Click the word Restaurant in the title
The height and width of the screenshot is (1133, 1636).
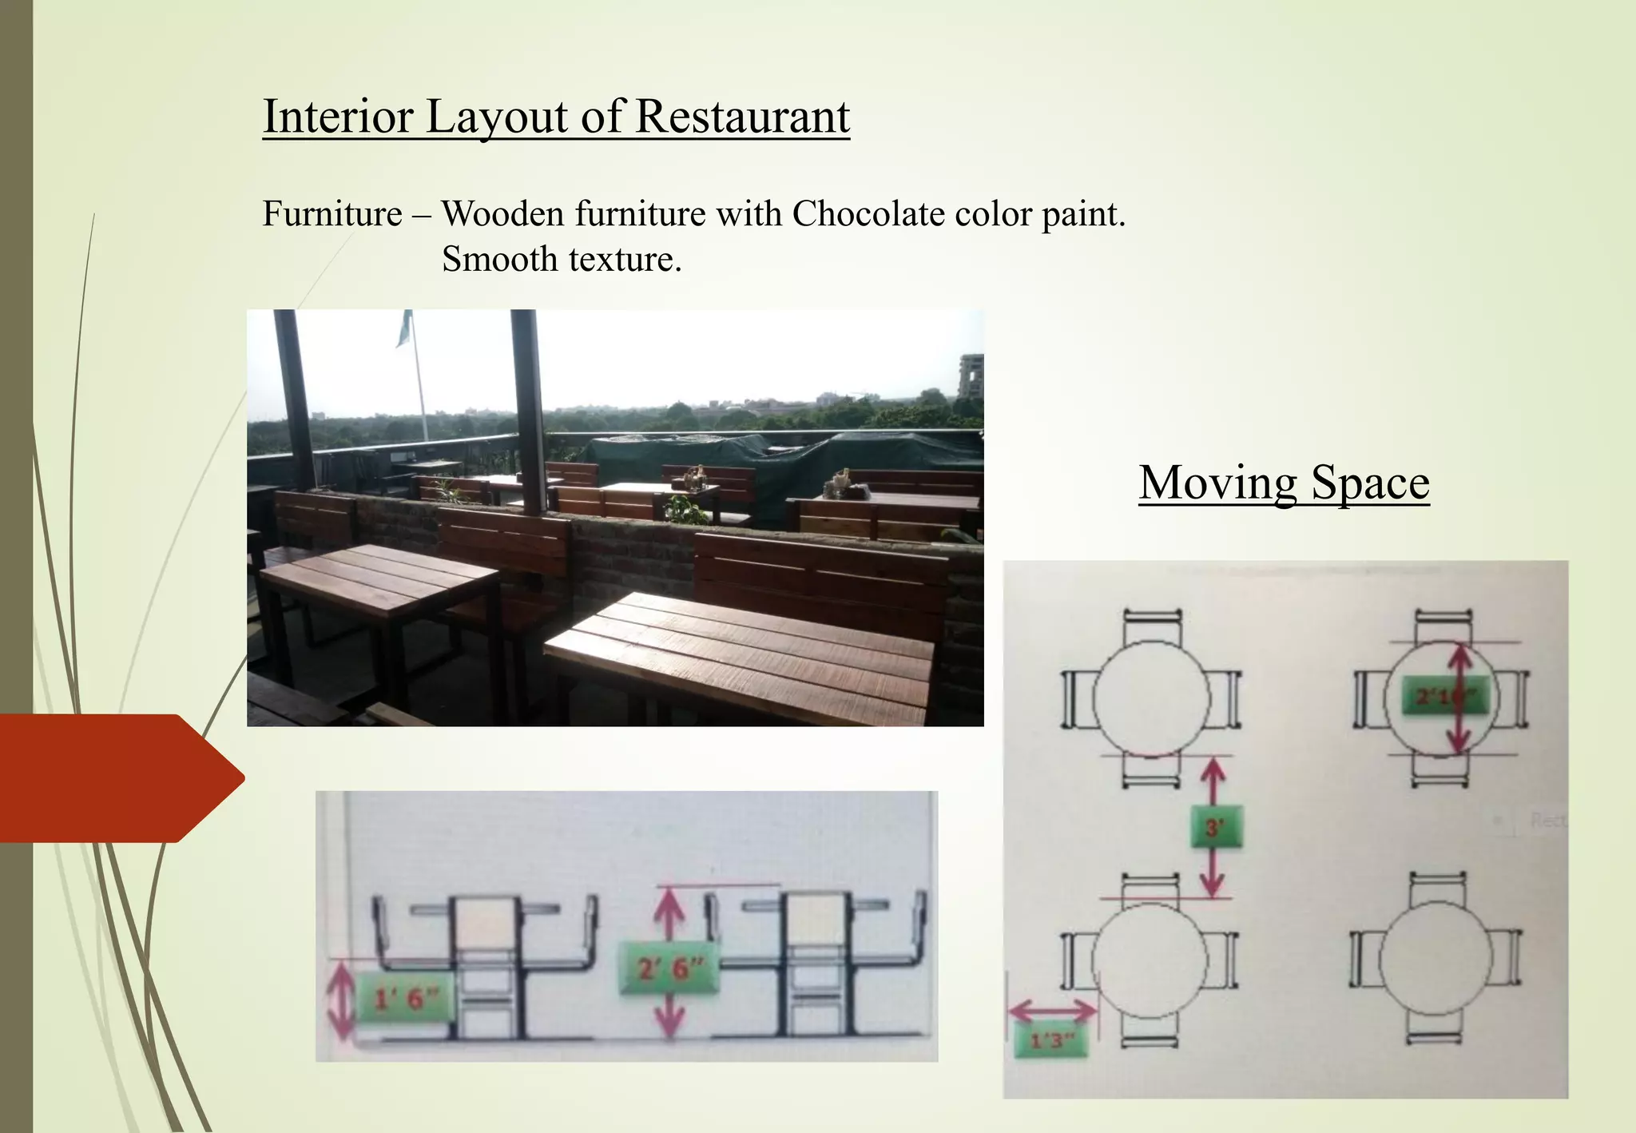point(742,117)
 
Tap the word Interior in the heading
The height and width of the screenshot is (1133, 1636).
point(337,117)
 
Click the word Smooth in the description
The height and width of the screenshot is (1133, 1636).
point(499,259)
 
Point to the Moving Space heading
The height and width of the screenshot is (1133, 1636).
point(1284,483)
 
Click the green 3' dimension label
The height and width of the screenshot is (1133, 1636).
point(1214,828)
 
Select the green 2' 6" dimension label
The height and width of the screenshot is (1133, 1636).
point(670,969)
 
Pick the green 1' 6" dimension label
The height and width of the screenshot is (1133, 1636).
point(407,998)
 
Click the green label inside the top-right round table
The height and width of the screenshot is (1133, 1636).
point(1443,698)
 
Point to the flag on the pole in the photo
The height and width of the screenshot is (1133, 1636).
point(405,328)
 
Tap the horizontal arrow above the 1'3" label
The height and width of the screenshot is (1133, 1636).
point(1052,1010)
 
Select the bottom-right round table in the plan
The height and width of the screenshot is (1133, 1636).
point(1435,959)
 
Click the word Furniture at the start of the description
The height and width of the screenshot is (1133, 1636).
point(332,214)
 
